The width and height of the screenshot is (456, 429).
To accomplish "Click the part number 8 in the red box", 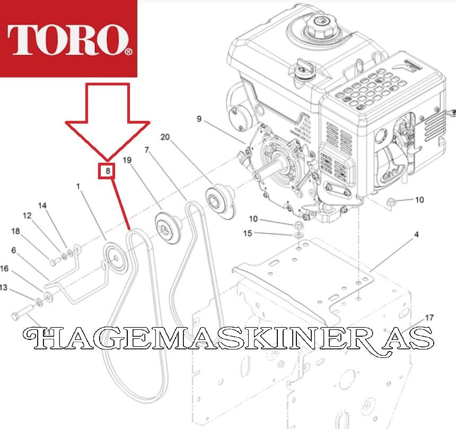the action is click(108, 171).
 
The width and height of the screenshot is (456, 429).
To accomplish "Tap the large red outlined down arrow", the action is click(108, 122).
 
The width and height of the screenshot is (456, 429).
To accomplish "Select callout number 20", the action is click(165, 137).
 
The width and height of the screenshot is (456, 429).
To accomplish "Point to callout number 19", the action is click(127, 160).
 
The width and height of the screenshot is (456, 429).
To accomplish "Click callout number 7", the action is click(147, 150).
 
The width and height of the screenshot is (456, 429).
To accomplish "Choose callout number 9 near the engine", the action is click(199, 119).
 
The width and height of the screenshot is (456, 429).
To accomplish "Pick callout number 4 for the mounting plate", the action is click(416, 234).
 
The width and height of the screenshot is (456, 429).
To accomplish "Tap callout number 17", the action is click(429, 317).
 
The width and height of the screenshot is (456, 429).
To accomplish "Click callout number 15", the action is click(248, 233).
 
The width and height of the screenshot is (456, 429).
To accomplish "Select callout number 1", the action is click(78, 186).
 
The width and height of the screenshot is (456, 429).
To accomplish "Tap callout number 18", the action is click(15, 231).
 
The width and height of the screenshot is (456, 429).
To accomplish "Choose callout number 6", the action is click(14, 250).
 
